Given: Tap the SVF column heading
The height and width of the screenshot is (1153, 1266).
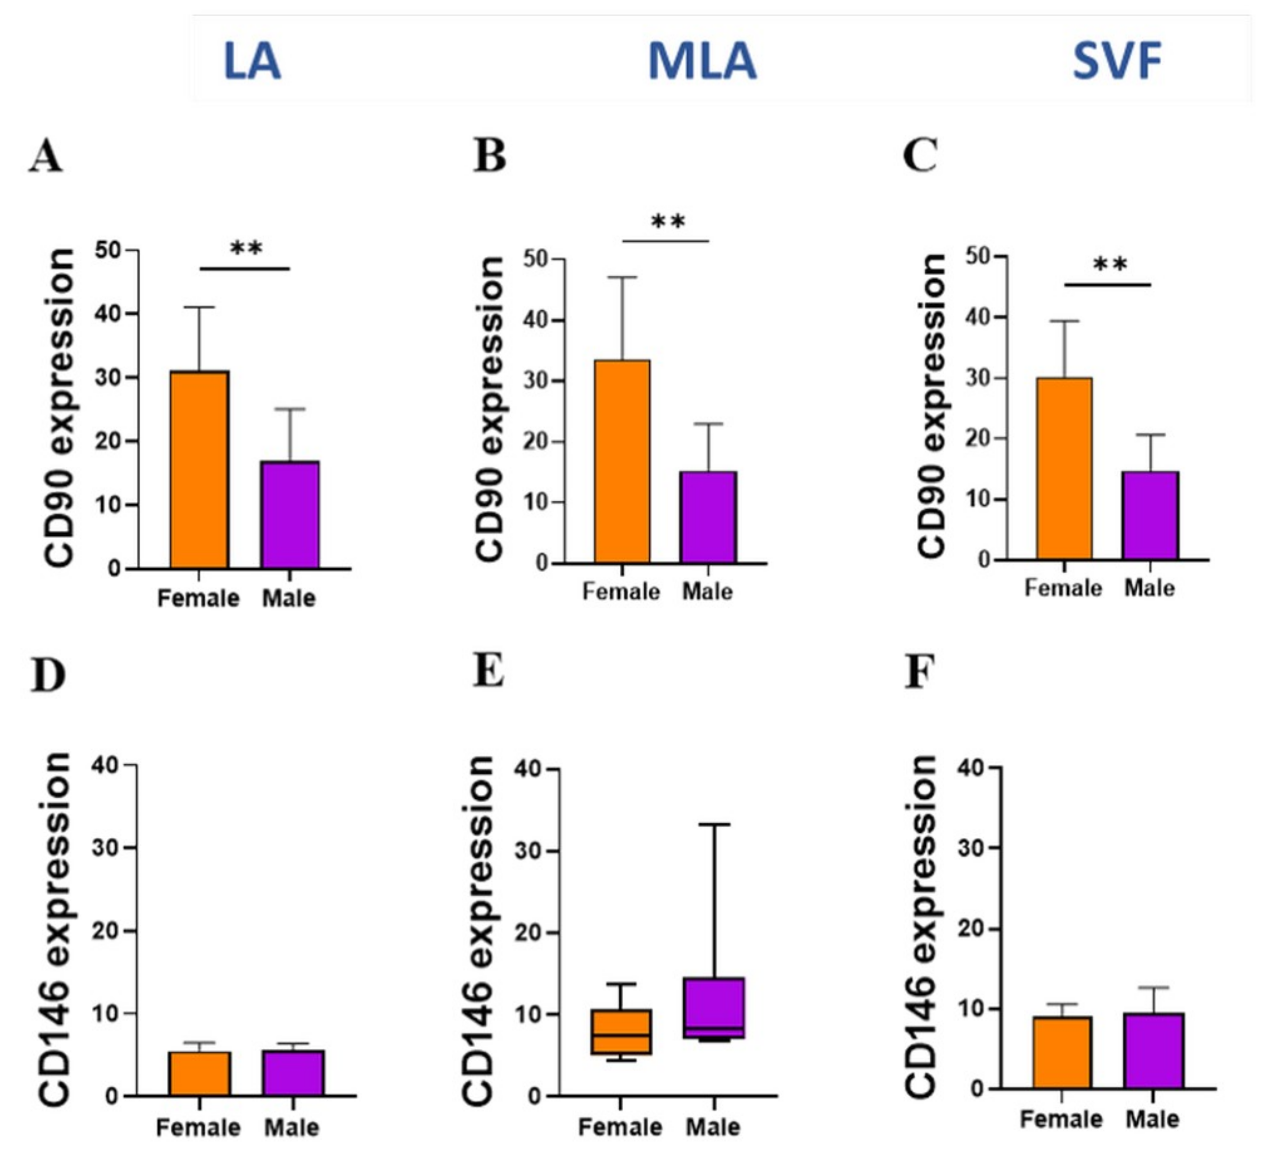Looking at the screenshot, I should point(1117,61).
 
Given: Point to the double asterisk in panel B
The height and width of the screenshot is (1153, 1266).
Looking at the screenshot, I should point(667,222).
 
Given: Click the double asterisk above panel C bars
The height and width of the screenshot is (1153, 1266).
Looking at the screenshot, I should point(1110,265).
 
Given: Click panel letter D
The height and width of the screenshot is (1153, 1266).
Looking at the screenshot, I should point(48,676).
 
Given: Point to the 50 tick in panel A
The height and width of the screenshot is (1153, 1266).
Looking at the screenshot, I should point(108,250).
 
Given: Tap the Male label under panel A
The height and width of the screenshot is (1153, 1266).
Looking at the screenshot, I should point(288,598).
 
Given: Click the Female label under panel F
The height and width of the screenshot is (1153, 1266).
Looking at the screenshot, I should point(1061,1119).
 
